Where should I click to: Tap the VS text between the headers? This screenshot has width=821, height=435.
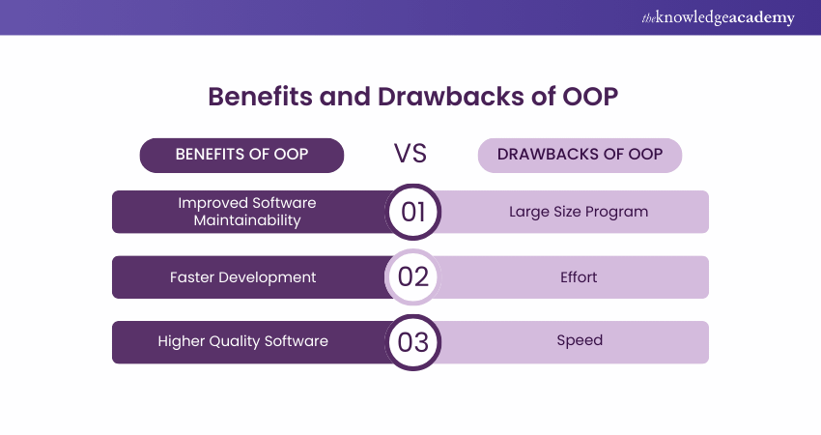[x=410, y=155]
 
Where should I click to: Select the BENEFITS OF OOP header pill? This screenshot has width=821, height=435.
[x=242, y=155]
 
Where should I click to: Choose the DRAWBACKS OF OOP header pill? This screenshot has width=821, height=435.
[x=580, y=155]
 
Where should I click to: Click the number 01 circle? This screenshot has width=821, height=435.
[x=412, y=212]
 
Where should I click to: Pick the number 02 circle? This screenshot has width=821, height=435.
[x=412, y=276]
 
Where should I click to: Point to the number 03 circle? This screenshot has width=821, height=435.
[x=412, y=341]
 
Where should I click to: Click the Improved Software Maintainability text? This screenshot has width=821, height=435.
[x=247, y=212]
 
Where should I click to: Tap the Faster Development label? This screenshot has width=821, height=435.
[x=243, y=277]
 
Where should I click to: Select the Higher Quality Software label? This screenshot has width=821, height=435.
[x=243, y=341]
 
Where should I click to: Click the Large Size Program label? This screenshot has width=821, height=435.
[x=580, y=212]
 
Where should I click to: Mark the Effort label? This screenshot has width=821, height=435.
[x=580, y=277]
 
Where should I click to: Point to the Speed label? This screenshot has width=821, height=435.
[x=580, y=341]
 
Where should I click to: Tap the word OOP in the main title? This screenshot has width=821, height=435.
[x=587, y=98]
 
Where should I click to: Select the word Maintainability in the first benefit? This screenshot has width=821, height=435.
[x=247, y=220]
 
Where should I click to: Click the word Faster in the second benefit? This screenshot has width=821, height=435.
[x=192, y=277]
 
